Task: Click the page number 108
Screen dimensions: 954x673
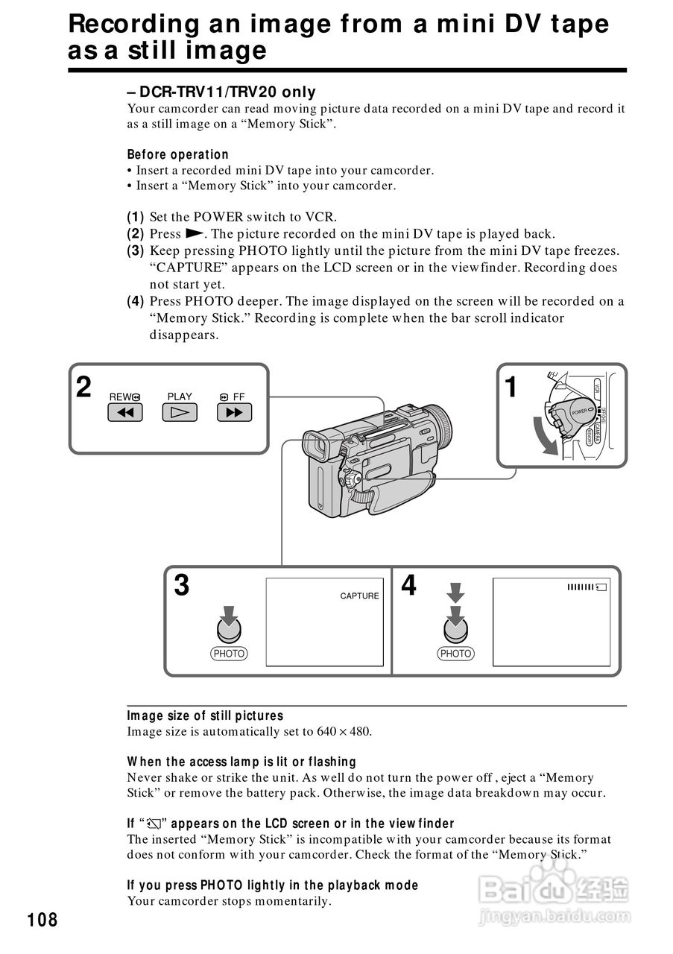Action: [x=42, y=920]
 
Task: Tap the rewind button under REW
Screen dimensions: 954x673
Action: [x=124, y=412]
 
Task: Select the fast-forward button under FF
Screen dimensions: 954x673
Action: [x=234, y=412]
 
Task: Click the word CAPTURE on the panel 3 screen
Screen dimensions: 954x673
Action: [x=359, y=596]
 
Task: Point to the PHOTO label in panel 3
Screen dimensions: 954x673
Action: [x=229, y=654]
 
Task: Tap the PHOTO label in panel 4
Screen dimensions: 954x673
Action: [x=455, y=654]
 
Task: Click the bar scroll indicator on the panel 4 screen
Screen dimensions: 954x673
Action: [x=587, y=588]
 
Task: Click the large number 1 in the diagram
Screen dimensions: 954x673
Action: [x=511, y=388]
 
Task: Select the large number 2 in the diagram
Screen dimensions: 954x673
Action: [x=83, y=388]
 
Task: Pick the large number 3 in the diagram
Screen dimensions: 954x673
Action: [x=181, y=586]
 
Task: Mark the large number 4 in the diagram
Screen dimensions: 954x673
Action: [x=408, y=586]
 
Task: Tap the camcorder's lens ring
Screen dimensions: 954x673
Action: [x=440, y=424]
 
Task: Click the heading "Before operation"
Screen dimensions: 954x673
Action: [x=177, y=155]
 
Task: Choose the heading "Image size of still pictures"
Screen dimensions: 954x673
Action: [x=205, y=715]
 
